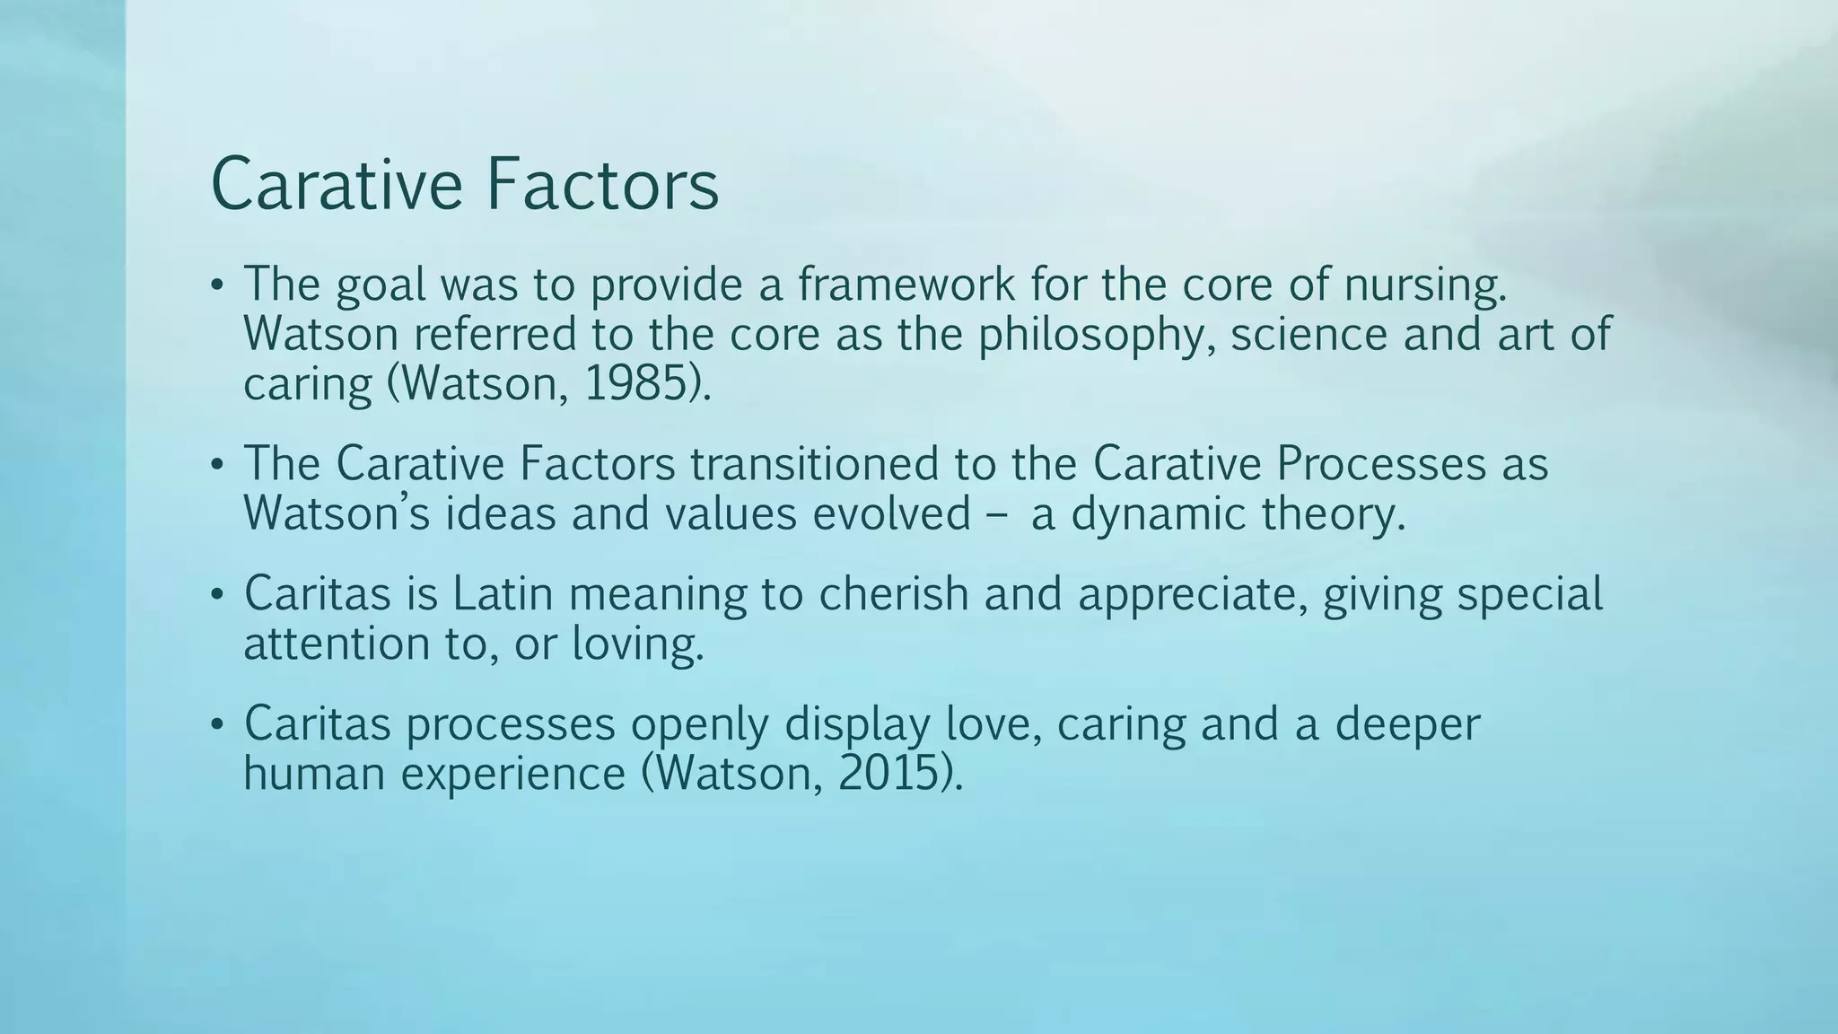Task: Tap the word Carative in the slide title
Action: (337, 185)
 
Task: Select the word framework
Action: (906, 285)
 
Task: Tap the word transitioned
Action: (844, 464)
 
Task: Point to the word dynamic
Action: (1159, 515)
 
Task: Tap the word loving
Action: (638, 645)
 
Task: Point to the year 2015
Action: (888, 774)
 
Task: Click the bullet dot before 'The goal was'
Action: (215, 286)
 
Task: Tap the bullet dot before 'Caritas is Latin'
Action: (215, 596)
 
